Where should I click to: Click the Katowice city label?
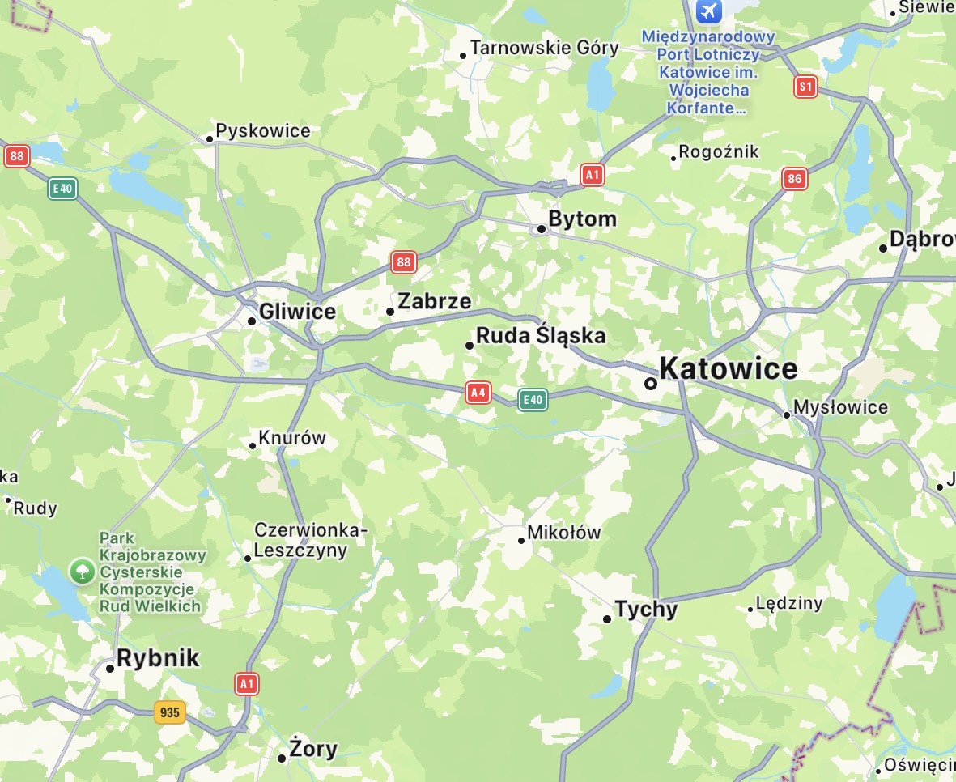coord(728,369)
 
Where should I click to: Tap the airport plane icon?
coord(709,11)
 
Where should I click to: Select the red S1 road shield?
coord(805,87)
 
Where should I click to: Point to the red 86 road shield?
coord(794,179)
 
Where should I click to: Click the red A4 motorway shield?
coord(478,393)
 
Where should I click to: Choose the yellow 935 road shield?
coord(169,712)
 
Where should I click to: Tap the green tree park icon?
coord(81,572)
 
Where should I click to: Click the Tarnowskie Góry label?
coord(544,48)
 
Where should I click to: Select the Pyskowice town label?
coord(262,131)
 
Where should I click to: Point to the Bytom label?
coord(582,219)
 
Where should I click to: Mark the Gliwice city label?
coord(296,312)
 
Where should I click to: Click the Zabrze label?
coord(434,302)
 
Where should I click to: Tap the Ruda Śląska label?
coord(540,336)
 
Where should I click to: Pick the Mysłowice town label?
coord(840,407)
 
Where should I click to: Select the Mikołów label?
coord(563,533)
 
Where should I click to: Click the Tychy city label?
coord(645,609)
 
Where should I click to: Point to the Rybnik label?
coord(157,658)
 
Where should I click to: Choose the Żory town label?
coord(312,749)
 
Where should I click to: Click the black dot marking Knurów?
coord(253,445)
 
